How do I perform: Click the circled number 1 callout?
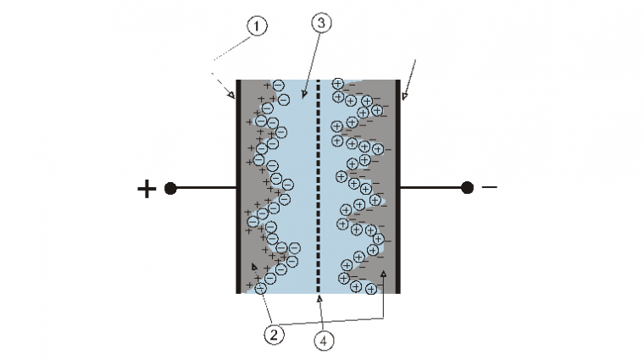257,26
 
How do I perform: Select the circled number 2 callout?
274,335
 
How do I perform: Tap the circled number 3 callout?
321,23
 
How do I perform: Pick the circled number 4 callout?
324,341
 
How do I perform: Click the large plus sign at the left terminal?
147,189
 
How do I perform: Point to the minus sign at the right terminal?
490,187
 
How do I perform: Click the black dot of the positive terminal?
170,188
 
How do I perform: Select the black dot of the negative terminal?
467,187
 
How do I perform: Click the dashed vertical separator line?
318,186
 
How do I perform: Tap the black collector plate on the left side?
238,186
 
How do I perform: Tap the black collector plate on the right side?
397,186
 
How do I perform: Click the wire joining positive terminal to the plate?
206,188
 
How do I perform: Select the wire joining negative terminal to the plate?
430,187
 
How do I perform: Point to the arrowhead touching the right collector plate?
404,96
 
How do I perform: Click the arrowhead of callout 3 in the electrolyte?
304,94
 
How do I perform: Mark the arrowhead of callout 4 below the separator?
319,299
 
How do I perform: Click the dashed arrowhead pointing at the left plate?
231,95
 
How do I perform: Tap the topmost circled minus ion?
278,86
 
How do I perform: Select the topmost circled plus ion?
337,84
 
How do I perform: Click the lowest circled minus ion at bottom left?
261,289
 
